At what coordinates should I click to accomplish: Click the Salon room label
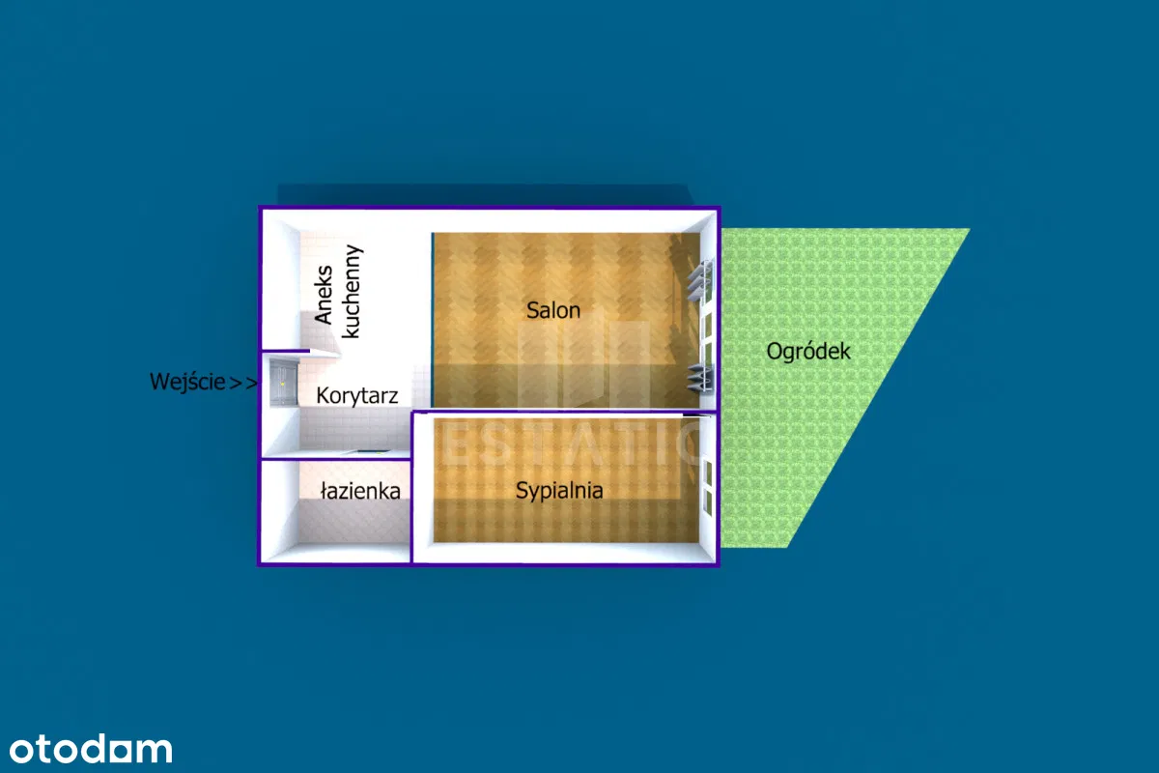(x=553, y=310)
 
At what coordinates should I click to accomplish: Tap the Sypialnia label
(x=559, y=491)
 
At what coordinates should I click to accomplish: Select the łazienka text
(x=360, y=492)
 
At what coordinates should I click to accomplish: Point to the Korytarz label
(x=357, y=396)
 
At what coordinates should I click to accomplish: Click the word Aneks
(x=325, y=295)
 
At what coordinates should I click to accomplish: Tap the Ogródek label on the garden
(x=808, y=351)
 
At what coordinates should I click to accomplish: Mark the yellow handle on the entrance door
(x=282, y=384)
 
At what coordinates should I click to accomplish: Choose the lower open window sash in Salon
(x=698, y=378)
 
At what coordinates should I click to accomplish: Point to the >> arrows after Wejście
(x=243, y=383)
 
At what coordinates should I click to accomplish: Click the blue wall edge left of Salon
(x=433, y=319)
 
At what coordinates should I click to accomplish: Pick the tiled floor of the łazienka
(x=348, y=522)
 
